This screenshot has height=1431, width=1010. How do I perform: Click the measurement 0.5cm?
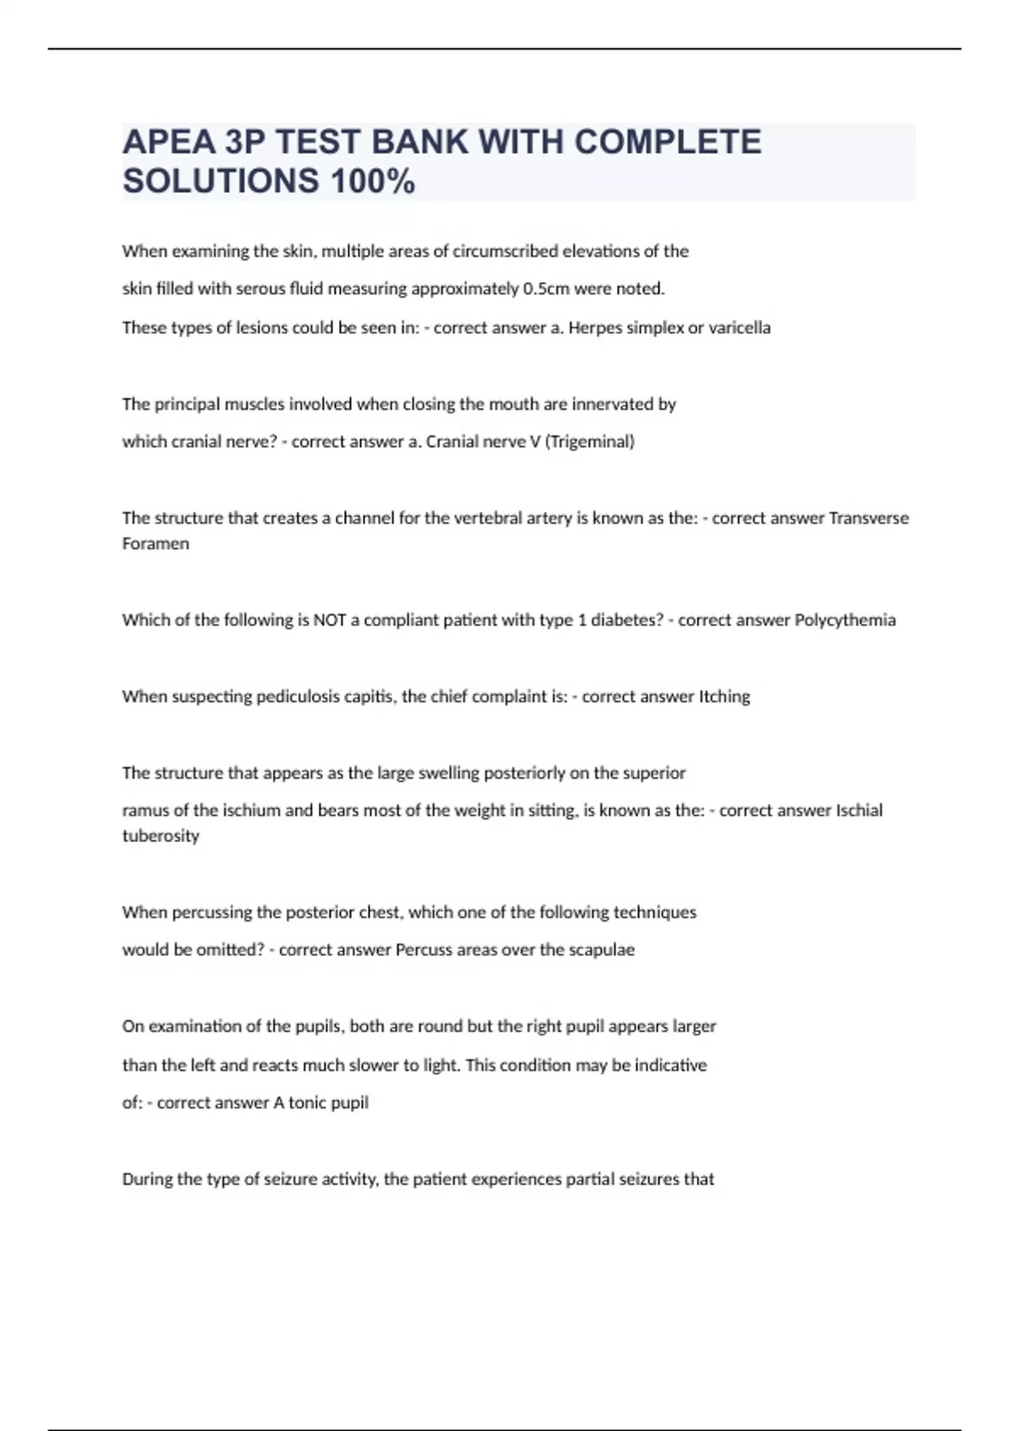click(546, 289)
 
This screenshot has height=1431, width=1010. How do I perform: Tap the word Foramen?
click(156, 544)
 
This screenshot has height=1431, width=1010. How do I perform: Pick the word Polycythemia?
click(845, 620)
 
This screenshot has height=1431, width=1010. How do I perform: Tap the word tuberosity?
click(161, 836)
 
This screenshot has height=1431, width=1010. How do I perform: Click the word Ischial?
click(858, 811)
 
